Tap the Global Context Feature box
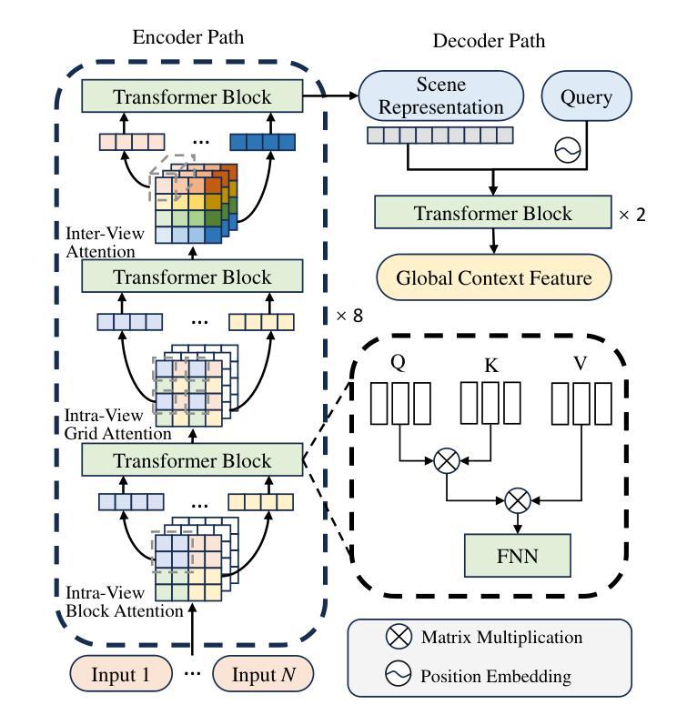pos(494,278)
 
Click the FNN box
pos(518,556)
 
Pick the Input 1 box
pos(122,674)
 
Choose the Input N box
pos(263,674)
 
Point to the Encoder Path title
pos(188,37)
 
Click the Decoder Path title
pos(489,41)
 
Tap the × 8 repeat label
pos(348,316)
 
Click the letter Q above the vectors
pos(398,361)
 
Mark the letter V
pos(580,363)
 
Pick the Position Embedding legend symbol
pos(399,675)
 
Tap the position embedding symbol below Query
pos(568,151)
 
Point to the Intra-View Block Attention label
pos(124,602)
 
